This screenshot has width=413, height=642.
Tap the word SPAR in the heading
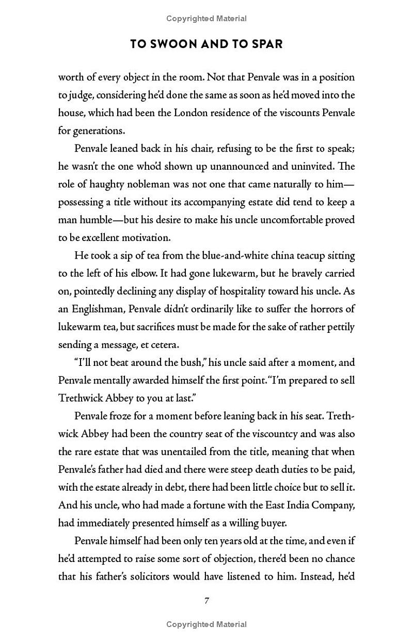pos(266,44)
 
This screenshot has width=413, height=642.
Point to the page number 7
pos(206,600)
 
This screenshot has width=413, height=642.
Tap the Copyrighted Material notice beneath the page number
pos(206,624)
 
